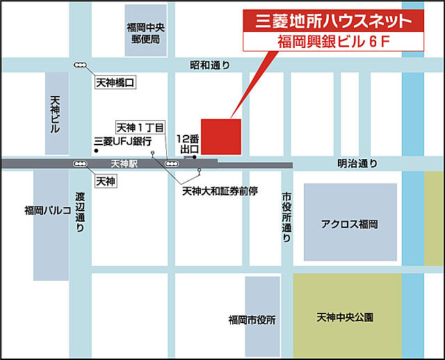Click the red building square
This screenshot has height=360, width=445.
(x=220, y=137)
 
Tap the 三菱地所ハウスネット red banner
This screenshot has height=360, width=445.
(x=334, y=20)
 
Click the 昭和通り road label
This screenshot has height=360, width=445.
(x=209, y=65)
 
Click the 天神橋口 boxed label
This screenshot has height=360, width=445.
(x=114, y=83)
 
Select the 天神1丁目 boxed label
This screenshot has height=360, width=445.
(x=140, y=128)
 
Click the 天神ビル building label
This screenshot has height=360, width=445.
(x=56, y=115)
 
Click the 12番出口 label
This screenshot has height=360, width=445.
(x=189, y=144)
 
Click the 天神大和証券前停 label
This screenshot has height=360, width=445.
(x=220, y=190)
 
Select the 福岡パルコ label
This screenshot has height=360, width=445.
(x=47, y=211)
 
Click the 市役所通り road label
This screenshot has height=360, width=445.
(x=286, y=218)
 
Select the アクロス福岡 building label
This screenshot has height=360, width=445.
(x=350, y=224)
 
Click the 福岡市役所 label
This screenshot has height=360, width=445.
(x=252, y=320)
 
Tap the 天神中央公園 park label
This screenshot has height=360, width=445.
(x=345, y=317)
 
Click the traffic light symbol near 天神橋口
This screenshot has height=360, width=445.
(x=81, y=65)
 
